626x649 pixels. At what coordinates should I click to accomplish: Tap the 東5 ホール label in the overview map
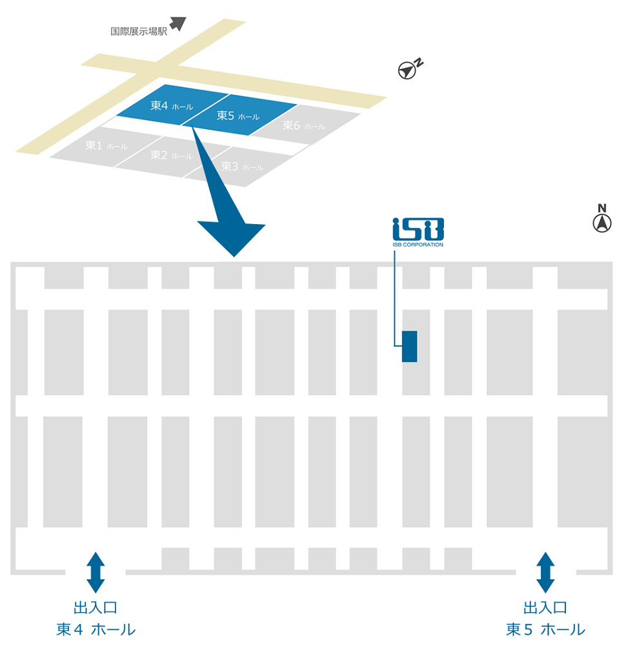[x=237, y=116]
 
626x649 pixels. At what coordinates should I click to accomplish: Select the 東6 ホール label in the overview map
[x=303, y=126]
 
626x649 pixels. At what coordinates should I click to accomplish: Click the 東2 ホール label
[x=171, y=155]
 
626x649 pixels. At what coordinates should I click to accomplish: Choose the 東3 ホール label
[x=241, y=167]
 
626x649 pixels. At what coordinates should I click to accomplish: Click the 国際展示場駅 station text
[x=139, y=31]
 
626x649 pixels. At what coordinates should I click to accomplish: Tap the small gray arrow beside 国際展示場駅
[x=178, y=24]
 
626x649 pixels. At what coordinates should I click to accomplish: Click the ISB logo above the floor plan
[x=418, y=229]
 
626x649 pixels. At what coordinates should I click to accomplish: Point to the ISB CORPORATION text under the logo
[x=418, y=245]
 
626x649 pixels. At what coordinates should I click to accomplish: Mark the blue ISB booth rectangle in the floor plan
[x=409, y=346]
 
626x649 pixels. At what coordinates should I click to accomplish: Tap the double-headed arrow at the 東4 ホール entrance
[x=96, y=572]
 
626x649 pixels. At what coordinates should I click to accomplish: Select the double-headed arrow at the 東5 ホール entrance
[x=545, y=572]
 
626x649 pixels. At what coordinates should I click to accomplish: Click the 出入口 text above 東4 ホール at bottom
[x=96, y=608]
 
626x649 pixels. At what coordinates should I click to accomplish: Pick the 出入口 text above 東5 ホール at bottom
[x=545, y=608]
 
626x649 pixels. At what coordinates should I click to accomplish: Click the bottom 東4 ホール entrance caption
[x=96, y=630]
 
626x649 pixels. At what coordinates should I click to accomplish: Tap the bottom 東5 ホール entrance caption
[x=545, y=630]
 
